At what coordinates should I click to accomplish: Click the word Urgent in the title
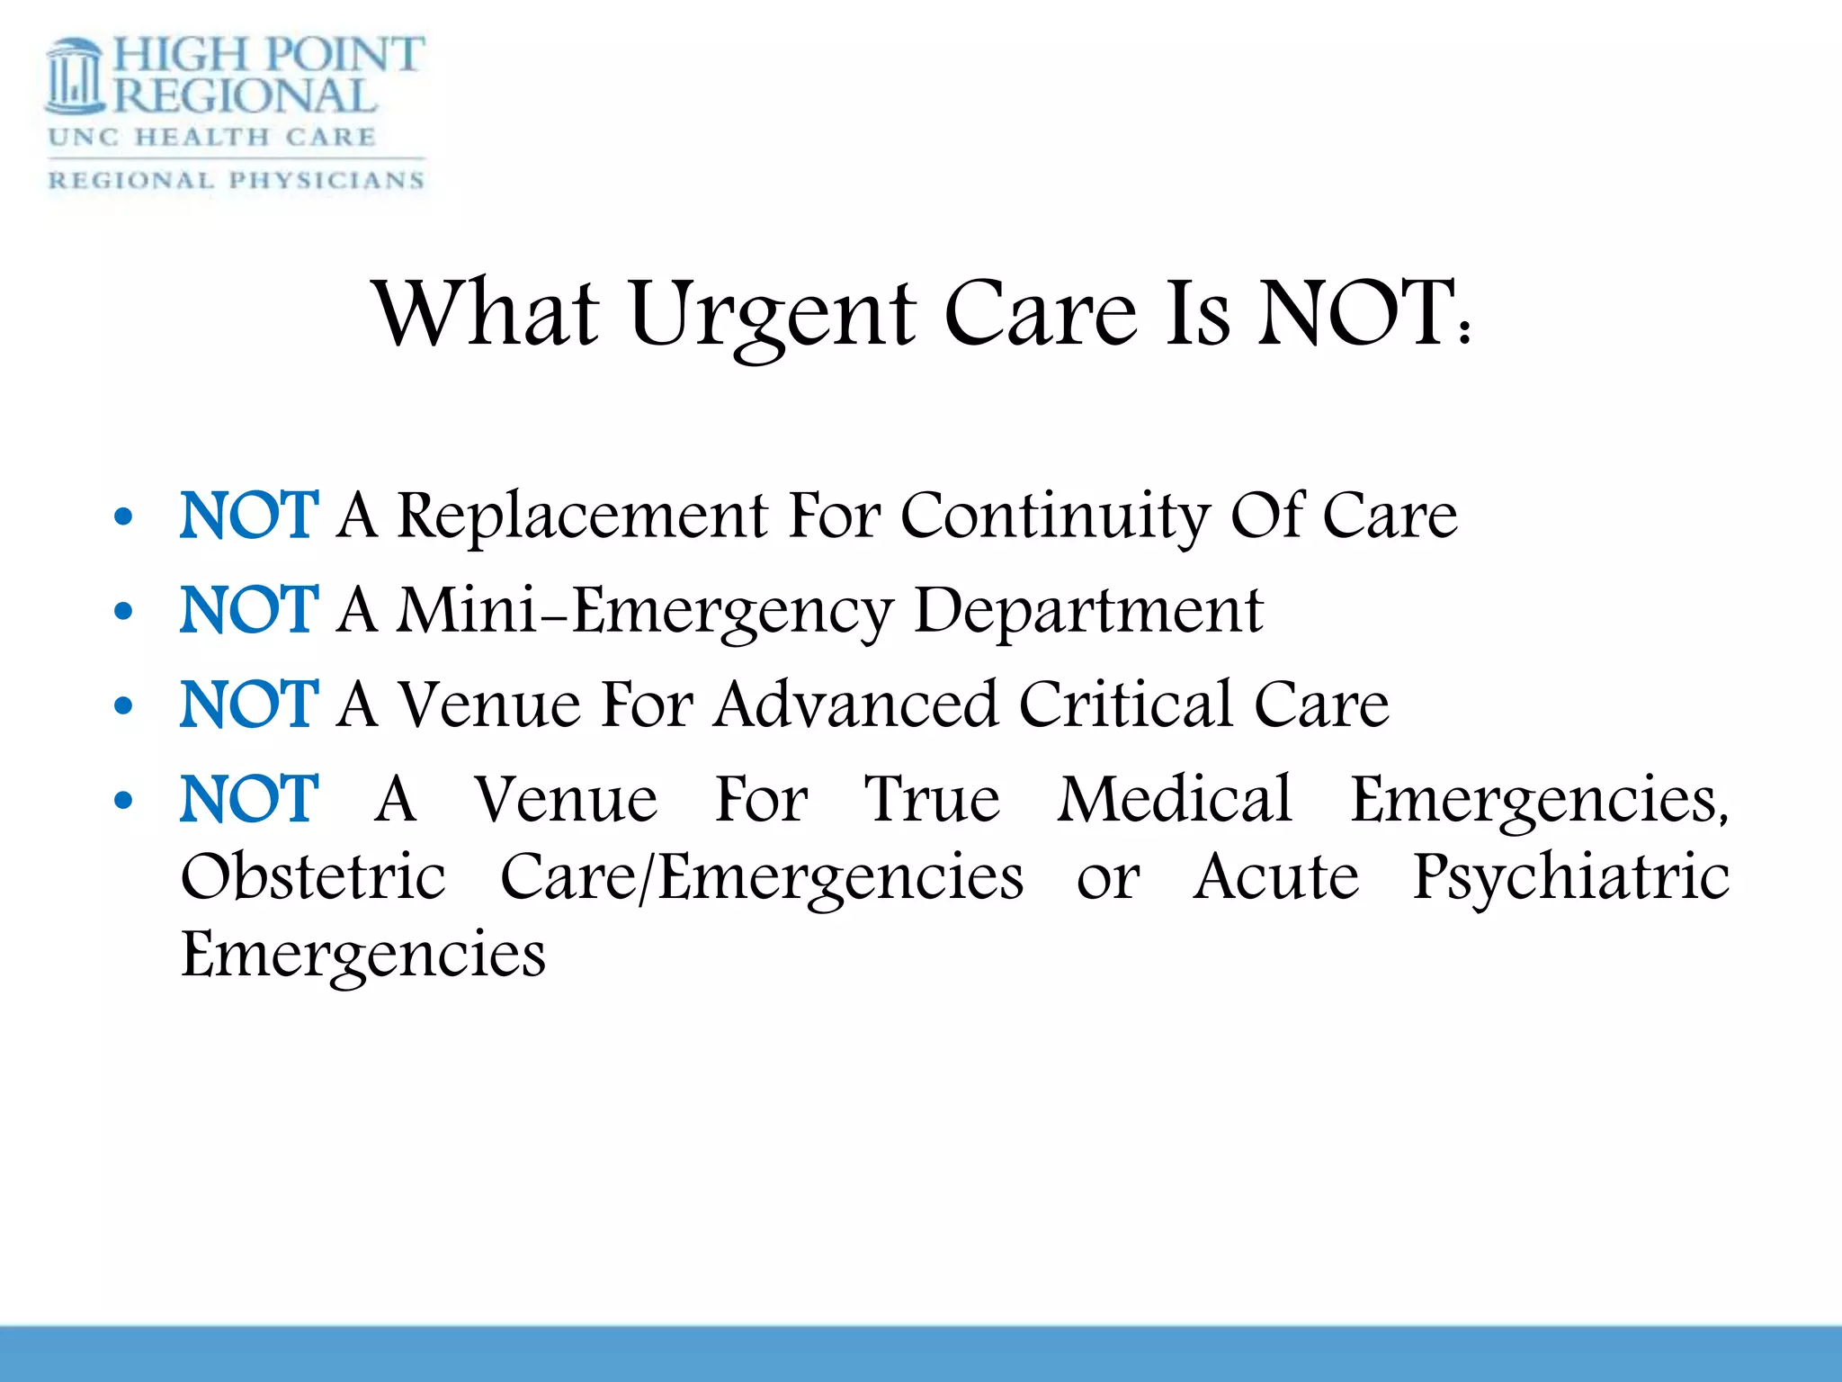(772, 315)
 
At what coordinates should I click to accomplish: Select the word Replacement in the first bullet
(583, 516)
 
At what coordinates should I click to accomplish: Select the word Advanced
(856, 704)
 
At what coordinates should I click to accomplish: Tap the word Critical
(1125, 704)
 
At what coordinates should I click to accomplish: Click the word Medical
(1175, 799)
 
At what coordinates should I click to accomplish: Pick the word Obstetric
(313, 877)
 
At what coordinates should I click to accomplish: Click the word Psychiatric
(1570, 877)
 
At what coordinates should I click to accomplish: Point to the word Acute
(1276, 877)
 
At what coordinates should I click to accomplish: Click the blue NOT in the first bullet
(249, 516)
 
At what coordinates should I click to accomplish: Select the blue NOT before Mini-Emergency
(249, 611)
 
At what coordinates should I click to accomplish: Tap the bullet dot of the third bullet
(124, 706)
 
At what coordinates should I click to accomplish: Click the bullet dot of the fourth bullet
(124, 801)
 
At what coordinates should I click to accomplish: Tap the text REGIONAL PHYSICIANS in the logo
(236, 180)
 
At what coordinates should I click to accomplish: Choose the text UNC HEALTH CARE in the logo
(212, 138)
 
